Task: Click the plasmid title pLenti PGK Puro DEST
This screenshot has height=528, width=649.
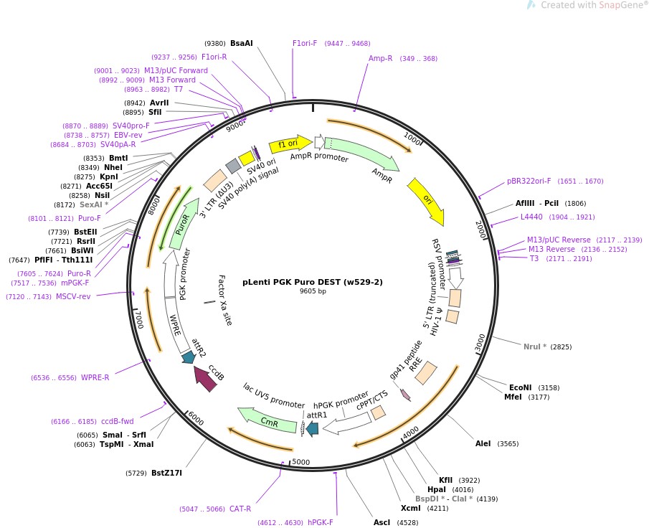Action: click(x=312, y=282)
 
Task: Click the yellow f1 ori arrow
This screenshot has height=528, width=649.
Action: click(x=289, y=144)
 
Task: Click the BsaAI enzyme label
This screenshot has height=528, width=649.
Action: click(x=242, y=43)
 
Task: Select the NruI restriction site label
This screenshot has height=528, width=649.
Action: click(x=534, y=346)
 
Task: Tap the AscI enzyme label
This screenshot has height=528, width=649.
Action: click(x=382, y=522)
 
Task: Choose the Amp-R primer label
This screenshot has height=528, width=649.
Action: click(x=380, y=58)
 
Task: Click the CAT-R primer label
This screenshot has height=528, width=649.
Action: click(x=240, y=509)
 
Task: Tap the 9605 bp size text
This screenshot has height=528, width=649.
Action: click(x=312, y=291)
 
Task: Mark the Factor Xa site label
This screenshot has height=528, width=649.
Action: click(x=225, y=300)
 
